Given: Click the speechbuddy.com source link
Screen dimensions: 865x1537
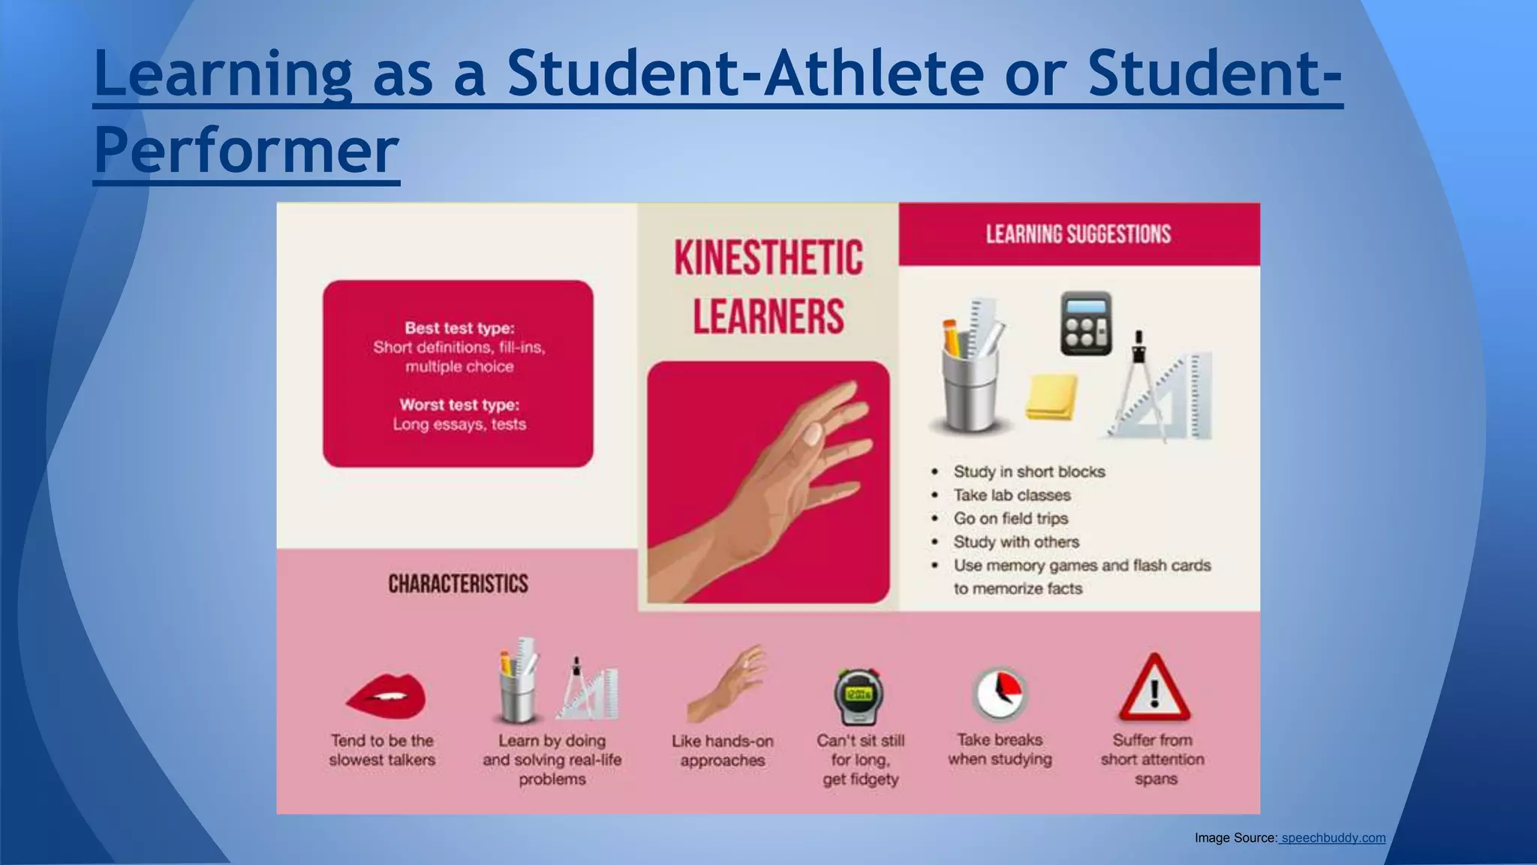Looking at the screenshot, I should coord(1333,838).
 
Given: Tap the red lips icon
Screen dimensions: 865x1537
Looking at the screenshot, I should coord(386,695).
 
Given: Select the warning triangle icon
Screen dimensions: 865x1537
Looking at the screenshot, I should coord(1154,689).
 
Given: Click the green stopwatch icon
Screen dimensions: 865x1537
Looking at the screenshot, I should coord(859,696).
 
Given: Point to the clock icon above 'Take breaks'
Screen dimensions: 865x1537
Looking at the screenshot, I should coord(1000,693).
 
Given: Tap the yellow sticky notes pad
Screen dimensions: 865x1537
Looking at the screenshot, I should coord(1051,396).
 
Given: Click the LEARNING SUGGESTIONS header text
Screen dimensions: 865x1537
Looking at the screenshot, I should coord(1078,234).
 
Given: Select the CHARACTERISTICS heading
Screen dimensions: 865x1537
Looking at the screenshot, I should coord(458,584).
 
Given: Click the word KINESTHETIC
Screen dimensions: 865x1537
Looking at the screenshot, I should coord(768,258).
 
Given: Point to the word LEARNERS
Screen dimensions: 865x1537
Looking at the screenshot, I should coord(768,316).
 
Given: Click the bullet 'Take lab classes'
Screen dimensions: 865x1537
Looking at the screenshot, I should coord(1012,496).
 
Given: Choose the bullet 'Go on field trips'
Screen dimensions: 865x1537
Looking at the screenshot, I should coord(1010,519).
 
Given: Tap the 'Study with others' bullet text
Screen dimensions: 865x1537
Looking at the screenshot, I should coord(1016,542).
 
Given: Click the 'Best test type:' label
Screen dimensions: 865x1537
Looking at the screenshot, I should coord(459,328).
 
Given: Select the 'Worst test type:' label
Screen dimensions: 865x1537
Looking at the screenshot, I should coord(459,405).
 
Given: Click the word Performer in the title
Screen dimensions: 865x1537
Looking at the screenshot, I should coord(246,150).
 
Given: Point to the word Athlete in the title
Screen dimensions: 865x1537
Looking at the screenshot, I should coord(874,74).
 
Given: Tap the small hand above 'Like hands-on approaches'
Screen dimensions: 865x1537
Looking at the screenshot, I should coord(726,683).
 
